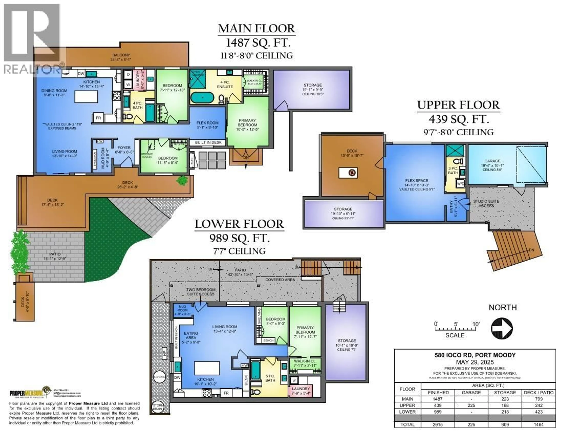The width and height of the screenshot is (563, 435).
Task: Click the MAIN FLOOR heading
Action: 256,28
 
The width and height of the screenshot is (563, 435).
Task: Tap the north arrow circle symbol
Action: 502,329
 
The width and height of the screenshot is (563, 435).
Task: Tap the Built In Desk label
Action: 208,142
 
